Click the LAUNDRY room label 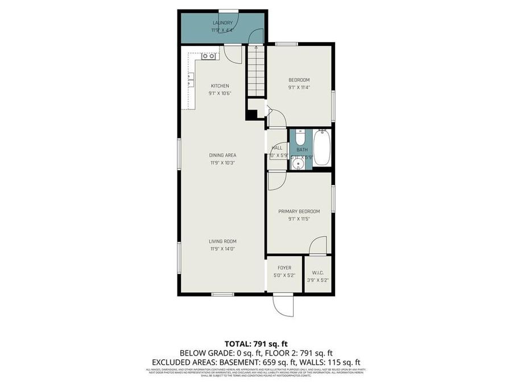(222, 23)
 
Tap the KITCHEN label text (220, 86)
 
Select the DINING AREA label (222, 155)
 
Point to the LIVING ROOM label (222, 241)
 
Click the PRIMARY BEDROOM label (299, 211)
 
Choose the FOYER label (284, 267)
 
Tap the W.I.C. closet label (317, 272)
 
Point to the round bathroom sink (297, 164)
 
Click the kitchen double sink (208, 56)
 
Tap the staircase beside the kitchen (257, 71)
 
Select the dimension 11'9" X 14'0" (222, 249)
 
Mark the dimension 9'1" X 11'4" (299, 88)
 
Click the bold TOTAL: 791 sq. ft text (256, 344)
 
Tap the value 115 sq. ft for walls (344, 362)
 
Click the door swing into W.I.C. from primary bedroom (317, 246)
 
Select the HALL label (277, 148)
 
